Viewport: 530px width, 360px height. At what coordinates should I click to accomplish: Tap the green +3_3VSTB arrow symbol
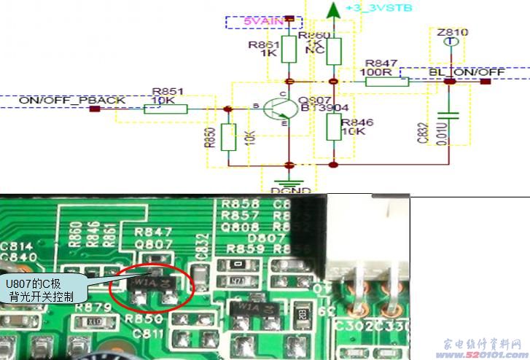[333, 10]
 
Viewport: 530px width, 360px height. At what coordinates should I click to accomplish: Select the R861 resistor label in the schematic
[264, 44]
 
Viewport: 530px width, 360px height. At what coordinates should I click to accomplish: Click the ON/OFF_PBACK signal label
[71, 99]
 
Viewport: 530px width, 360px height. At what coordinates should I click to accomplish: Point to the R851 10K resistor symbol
[166, 109]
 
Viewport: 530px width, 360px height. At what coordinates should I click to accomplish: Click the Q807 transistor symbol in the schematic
[280, 109]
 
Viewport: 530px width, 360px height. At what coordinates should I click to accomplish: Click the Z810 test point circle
[452, 43]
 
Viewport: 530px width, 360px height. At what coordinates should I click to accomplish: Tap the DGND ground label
[292, 191]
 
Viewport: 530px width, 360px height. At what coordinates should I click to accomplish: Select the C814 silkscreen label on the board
[16, 246]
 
